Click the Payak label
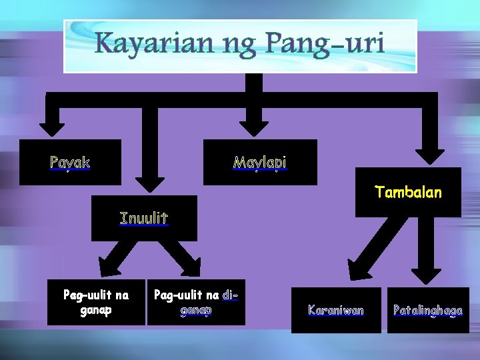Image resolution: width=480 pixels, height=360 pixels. click(x=70, y=162)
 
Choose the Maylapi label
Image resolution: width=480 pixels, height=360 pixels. click(x=260, y=162)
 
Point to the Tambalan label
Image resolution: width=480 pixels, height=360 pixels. click(x=408, y=193)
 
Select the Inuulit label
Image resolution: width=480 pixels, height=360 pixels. click(x=144, y=217)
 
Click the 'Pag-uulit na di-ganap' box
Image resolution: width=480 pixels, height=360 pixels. click(x=196, y=302)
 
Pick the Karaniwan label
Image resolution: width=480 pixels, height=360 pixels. click(x=336, y=309)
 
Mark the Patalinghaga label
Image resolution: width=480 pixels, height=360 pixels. click(x=428, y=309)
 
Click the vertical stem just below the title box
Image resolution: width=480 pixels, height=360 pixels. click(x=255, y=83)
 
